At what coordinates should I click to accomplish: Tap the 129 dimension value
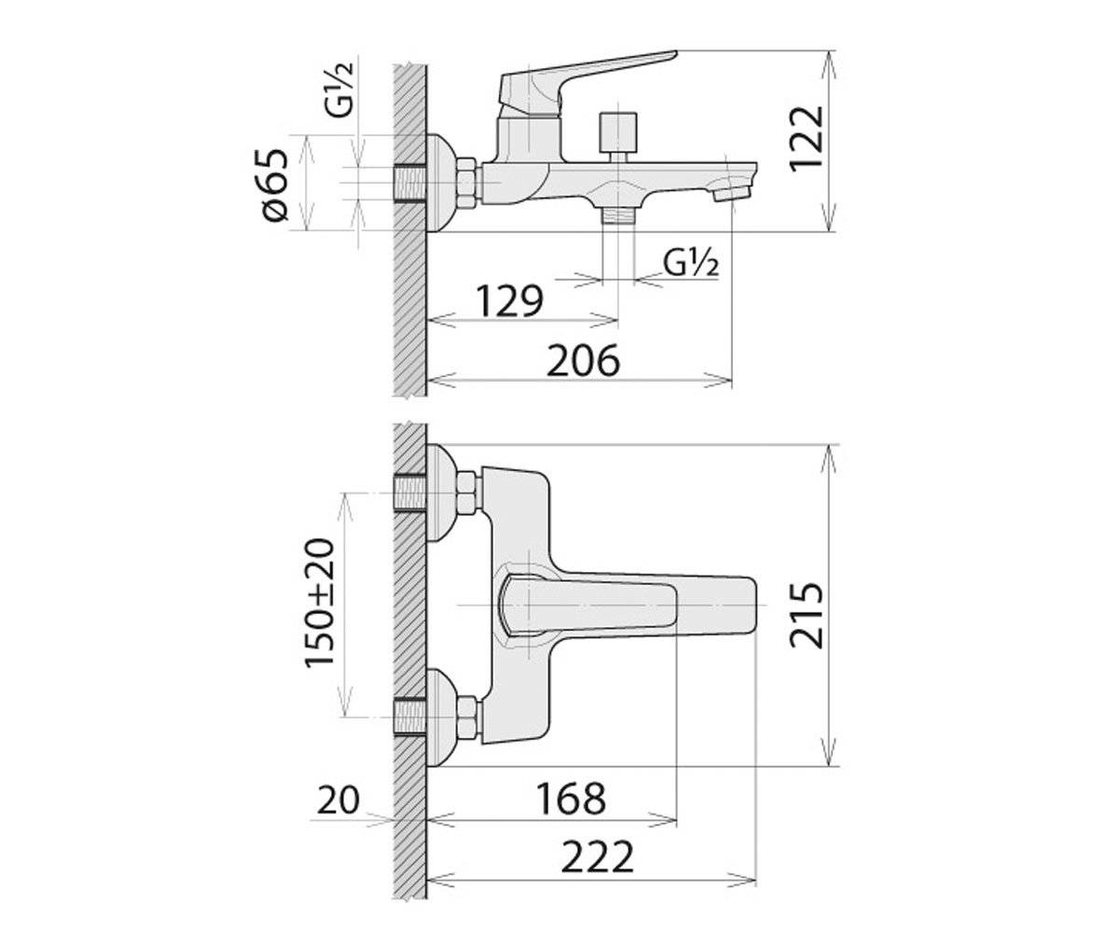(x=509, y=301)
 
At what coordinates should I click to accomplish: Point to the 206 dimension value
(x=583, y=360)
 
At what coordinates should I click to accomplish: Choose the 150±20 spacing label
(x=320, y=604)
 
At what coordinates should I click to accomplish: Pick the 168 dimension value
(x=572, y=800)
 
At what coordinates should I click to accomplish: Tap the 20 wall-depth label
(x=338, y=801)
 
